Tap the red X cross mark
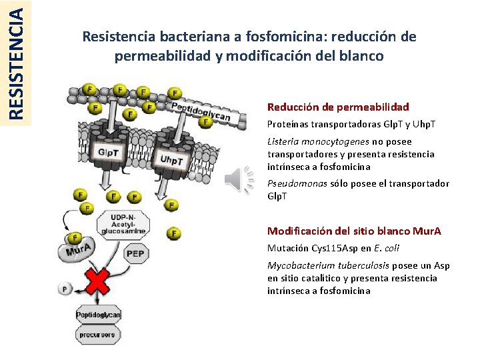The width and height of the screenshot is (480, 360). pyautogui.click(x=96, y=281)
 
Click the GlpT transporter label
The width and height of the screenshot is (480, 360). pyautogui.click(x=108, y=152)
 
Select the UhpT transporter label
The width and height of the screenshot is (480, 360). pyautogui.click(x=171, y=161)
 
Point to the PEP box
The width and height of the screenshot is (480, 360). pyautogui.click(x=136, y=253)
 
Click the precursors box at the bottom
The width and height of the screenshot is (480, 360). pyautogui.click(x=97, y=335)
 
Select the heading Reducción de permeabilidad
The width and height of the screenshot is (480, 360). pyautogui.click(x=338, y=107)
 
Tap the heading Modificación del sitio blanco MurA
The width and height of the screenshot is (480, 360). pyautogui.click(x=354, y=231)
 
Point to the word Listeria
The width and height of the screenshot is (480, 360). pyautogui.click(x=283, y=141)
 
